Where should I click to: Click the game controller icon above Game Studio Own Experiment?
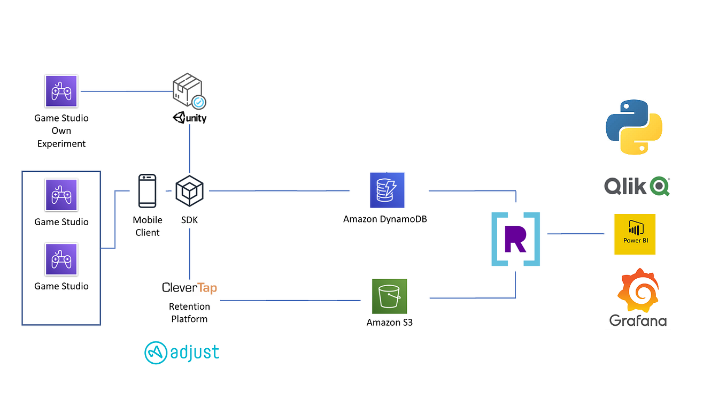(x=61, y=91)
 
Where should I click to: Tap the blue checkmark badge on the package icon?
(x=199, y=102)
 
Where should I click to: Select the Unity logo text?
(x=190, y=118)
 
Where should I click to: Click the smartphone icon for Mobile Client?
(x=147, y=190)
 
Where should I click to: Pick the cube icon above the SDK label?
(x=189, y=190)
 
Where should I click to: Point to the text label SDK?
(x=189, y=220)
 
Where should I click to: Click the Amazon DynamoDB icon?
(x=387, y=190)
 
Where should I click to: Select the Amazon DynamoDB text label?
(x=385, y=219)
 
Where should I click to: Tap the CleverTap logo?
(x=189, y=288)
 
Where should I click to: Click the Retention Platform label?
(x=189, y=312)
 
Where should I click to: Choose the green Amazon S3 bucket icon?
(x=389, y=296)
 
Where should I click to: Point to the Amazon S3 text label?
(x=389, y=323)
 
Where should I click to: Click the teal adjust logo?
(x=182, y=353)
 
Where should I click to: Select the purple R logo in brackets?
(x=515, y=239)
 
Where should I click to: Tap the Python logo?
(x=634, y=127)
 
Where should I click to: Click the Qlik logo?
(x=637, y=186)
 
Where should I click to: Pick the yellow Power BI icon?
(x=635, y=234)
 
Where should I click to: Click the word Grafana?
(x=638, y=321)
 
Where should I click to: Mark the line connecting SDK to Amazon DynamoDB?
(x=278, y=190)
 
